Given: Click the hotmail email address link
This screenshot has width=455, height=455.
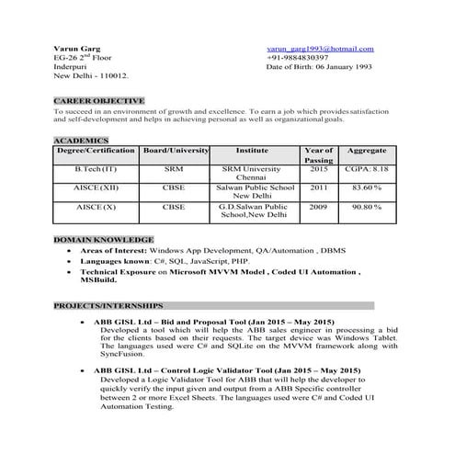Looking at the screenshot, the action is [x=320, y=49].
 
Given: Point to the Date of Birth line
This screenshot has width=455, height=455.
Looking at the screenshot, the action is [x=318, y=68].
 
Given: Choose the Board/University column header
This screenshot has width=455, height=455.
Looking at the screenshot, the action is [x=174, y=150].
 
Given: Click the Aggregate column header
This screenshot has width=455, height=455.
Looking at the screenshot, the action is [x=367, y=150].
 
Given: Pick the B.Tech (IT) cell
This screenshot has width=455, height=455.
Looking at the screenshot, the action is [x=97, y=170].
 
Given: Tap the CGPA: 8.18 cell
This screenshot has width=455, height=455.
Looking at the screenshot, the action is [x=367, y=170].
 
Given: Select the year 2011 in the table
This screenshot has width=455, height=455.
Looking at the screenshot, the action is [x=318, y=188].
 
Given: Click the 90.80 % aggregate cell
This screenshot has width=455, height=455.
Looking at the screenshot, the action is [x=367, y=207].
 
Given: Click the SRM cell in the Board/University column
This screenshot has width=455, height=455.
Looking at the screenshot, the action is [x=174, y=170].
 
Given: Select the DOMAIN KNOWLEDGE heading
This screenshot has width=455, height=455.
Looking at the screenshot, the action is [x=97, y=239].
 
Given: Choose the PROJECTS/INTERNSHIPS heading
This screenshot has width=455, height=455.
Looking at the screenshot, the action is [x=108, y=304].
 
